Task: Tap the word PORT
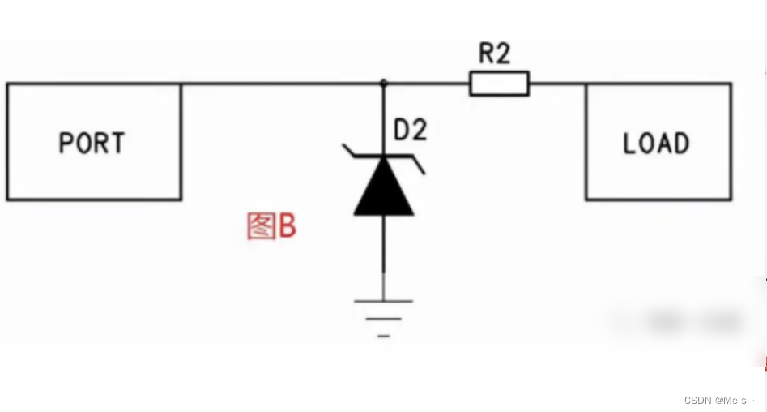pyautogui.click(x=92, y=144)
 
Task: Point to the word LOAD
pyautogui.click(x=656, y=144)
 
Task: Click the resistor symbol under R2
pyautogui.click(x=499, y=83)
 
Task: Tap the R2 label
pyautogui.click(x=495, y=54)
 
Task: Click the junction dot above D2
pyautogui.click(x=384, y=83)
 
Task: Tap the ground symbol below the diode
pyautogui.click(x=383, y=316)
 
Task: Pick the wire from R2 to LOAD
pyautogui.click(x=557, y=83)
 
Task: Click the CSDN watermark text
pyautogui.click(x=718, y=400)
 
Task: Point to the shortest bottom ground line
pyautogui.click(x=383, y=334)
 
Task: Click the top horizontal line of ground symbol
pyautogui.click(x=383, y=301)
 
